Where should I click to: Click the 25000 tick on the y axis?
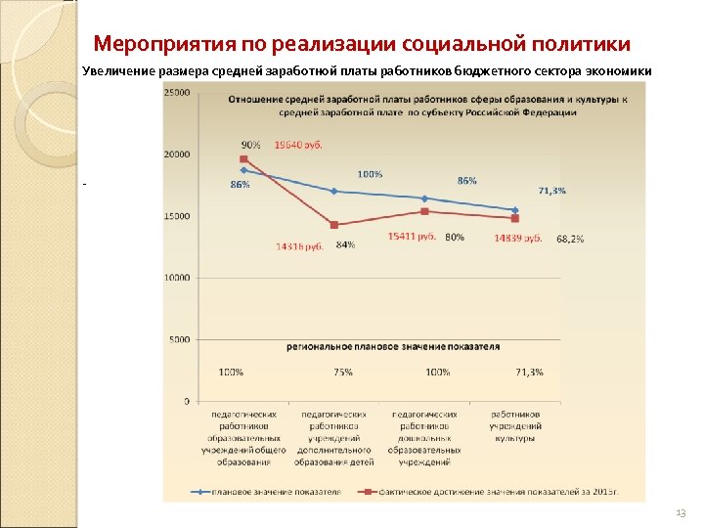tap(177, 93)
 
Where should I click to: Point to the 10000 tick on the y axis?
tap(177, 278)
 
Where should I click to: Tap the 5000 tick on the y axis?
tap(179, 339)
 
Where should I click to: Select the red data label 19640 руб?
tap(299, 145)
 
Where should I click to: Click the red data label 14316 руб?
tap(299, 246)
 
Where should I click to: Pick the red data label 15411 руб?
tap(412, 236)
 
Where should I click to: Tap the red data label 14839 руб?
tap(518, 238)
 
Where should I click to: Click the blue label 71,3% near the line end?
tap(552, 191)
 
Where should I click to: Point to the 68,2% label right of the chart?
tap(570, 239)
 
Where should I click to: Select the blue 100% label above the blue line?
tap(370, 174)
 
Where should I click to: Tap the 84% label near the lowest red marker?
tap(345, 244)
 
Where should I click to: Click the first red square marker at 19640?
tap(243, 158)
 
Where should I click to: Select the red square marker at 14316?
tap(334, 225)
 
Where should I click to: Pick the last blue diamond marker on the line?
tap(515, 209)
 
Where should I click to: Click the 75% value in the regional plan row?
tap(343, 372)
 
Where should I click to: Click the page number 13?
tap(681, 513)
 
